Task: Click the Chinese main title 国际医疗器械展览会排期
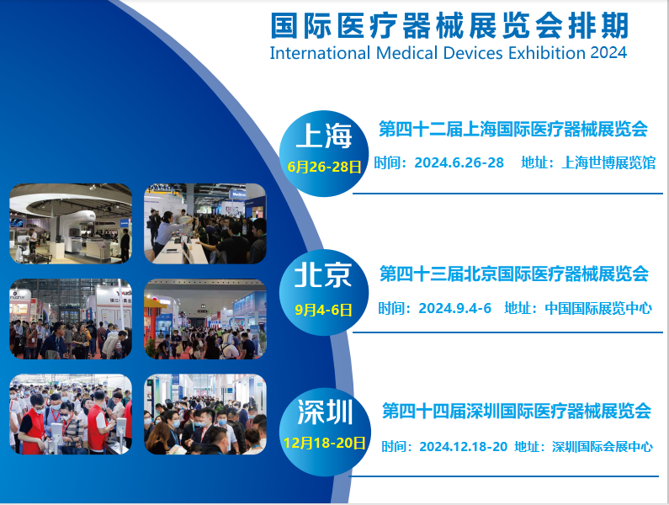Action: tap(449, 25)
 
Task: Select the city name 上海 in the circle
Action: tap(323, 136)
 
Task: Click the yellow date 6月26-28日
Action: tap(324, 167)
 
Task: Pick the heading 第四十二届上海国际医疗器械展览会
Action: tap(513, 130)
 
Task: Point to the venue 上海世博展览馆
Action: tap(608, 162)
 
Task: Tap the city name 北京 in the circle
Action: tap(323, 275)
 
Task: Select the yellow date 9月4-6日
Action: tap(324, 310)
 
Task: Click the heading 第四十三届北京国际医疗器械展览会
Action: tap(513, 274)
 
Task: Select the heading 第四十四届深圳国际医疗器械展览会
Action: tap(516, 412)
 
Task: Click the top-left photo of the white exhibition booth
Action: tap(71, 223)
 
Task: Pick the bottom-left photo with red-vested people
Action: tap(71, 414)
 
